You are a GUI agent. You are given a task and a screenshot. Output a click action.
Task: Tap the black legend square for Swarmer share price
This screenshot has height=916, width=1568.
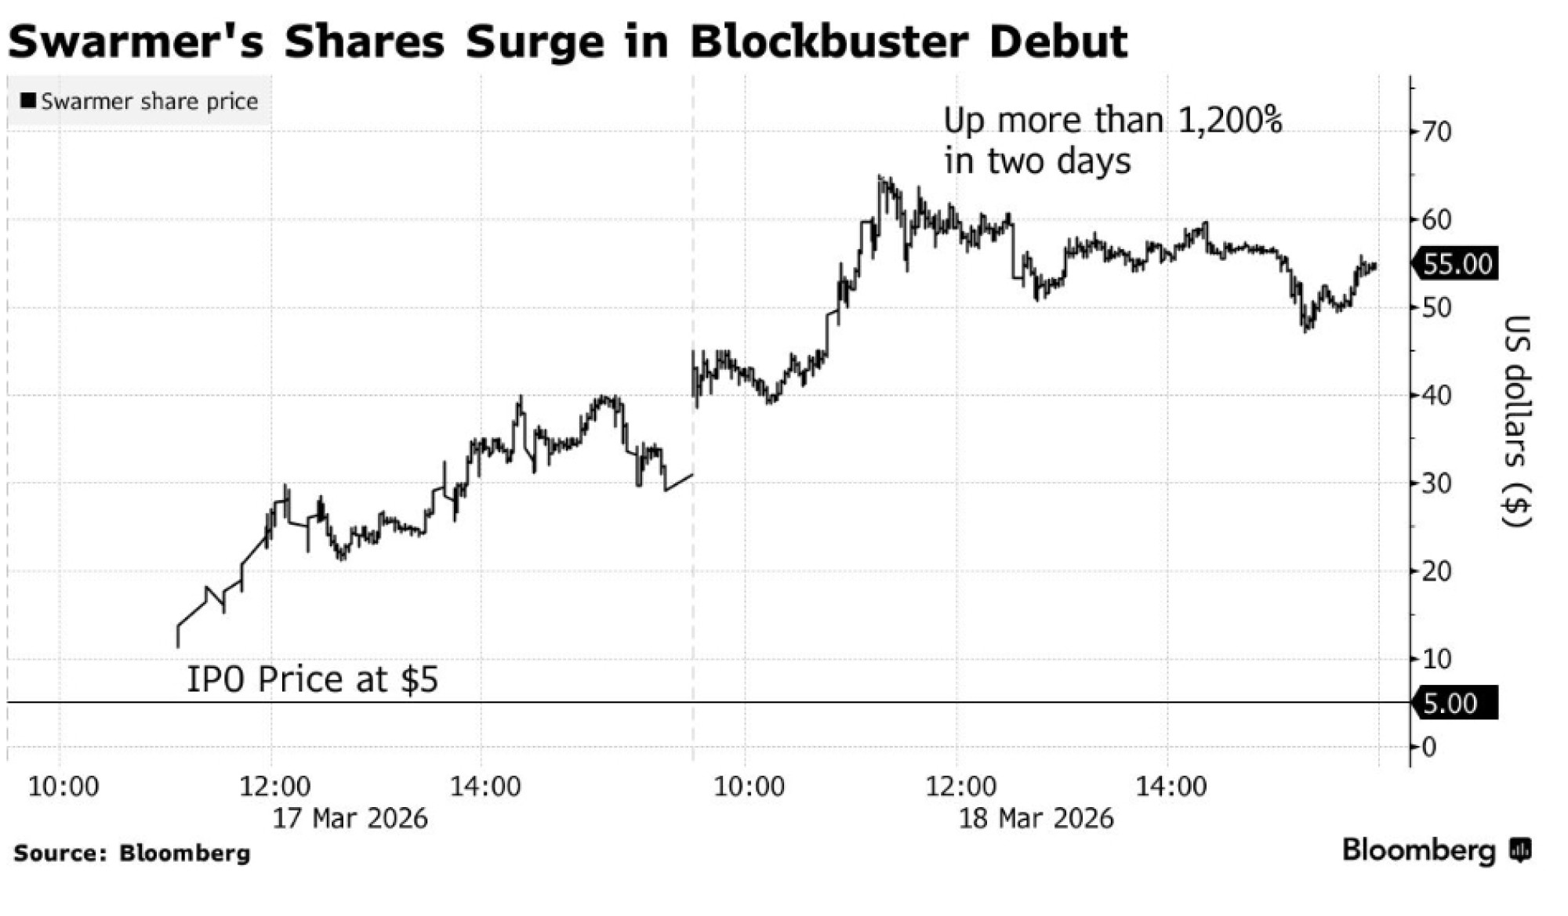28,101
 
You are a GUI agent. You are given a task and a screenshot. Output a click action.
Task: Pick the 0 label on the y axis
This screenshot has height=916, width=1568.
1428,748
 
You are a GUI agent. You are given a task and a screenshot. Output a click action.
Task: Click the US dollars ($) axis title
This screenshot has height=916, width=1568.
1517,421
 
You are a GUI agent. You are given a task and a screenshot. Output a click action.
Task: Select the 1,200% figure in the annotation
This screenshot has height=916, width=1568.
1230,121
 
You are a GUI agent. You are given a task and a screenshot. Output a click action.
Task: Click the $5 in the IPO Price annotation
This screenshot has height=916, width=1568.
419,679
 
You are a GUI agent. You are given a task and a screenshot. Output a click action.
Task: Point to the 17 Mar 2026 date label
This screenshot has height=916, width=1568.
350,818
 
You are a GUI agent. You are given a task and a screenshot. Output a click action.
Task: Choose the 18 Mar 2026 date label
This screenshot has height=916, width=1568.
1036,818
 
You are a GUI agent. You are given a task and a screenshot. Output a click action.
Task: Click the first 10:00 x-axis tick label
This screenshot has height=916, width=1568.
64,786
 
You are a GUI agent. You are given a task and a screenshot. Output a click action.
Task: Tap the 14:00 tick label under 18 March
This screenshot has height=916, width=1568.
1171,786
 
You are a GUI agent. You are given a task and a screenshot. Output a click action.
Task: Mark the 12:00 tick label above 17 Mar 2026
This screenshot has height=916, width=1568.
275,786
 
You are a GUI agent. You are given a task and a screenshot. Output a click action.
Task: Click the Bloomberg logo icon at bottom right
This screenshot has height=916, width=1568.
1521,850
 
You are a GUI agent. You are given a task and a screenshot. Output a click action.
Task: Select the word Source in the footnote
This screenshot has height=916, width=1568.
58,853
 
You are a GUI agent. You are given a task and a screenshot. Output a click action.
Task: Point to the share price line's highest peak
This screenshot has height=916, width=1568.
880,177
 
